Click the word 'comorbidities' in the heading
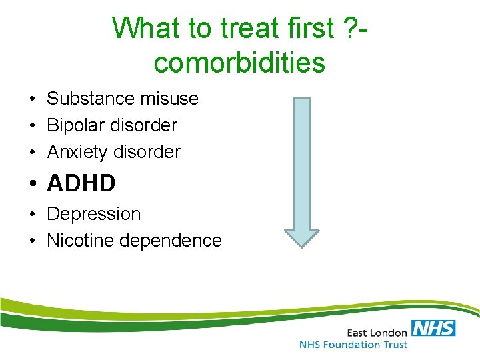[239, 63]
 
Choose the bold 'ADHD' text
[81, 183]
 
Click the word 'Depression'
[94, 214]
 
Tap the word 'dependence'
[170, 241]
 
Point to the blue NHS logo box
[433, 327]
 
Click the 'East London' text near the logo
[377, 331]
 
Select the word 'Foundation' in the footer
[353, 345]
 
